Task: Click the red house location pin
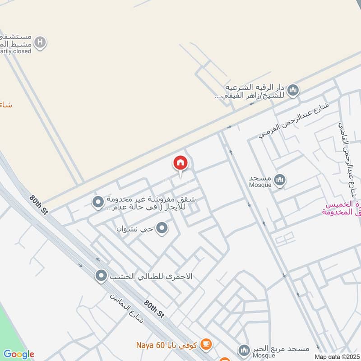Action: [180, 163]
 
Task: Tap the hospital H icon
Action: [41, 42]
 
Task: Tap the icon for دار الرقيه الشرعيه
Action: [293, 90]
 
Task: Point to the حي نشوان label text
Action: [134, 229]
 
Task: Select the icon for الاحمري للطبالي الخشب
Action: [101, 275]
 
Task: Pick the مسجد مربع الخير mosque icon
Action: [244, 350]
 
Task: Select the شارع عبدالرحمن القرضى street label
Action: [294, 120]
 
